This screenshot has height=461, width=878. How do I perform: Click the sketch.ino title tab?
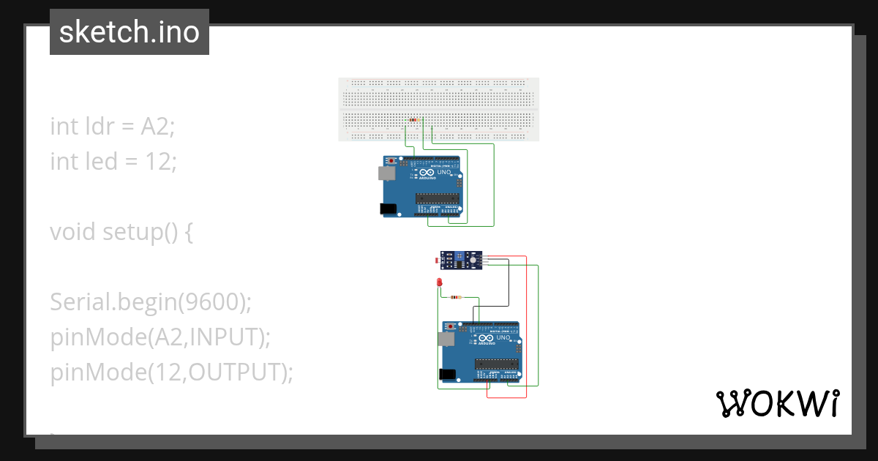[x=130, y=32]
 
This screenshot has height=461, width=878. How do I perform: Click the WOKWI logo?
[x=776, y=403]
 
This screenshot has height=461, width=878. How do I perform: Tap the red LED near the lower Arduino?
[x=440, y=282]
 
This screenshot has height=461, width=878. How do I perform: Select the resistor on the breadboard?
[x=414, y=119]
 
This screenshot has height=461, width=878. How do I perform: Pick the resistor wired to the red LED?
[x=457, y=297]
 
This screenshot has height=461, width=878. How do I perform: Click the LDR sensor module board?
[x=461, y=260]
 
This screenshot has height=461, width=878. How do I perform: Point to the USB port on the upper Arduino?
[x=385, y=173]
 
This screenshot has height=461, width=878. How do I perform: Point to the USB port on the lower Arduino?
[x=445, y=339]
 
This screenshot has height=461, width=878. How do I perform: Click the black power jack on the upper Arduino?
[x=388, y=209]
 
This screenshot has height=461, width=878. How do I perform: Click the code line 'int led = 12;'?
[x=113, y=161]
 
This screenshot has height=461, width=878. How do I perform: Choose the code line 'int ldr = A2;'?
[x=113, y=126]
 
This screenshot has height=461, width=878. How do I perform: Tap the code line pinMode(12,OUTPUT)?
[x=171, y=372]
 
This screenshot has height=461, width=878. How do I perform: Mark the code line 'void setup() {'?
[x=121, y=232]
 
